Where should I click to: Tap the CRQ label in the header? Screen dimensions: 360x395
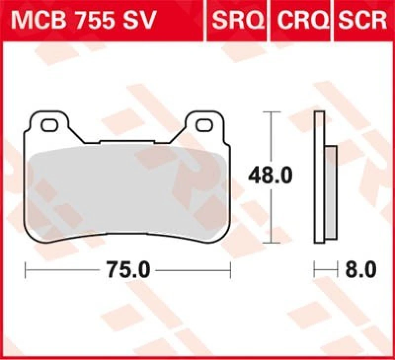click(301, 21)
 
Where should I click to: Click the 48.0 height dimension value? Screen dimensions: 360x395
click(270, 175)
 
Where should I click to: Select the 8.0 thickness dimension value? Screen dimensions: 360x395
click(360, 270)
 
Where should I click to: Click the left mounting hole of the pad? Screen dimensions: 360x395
click(49, 125)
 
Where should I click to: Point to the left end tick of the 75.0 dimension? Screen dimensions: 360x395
click(26, 270)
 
